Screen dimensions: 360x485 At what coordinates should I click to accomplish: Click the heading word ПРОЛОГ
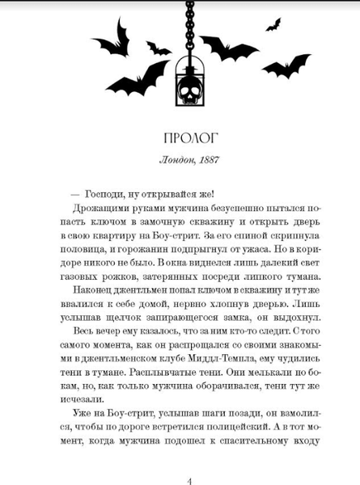tap(180, 133)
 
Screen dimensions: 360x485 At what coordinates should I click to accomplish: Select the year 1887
tap(203, 158)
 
